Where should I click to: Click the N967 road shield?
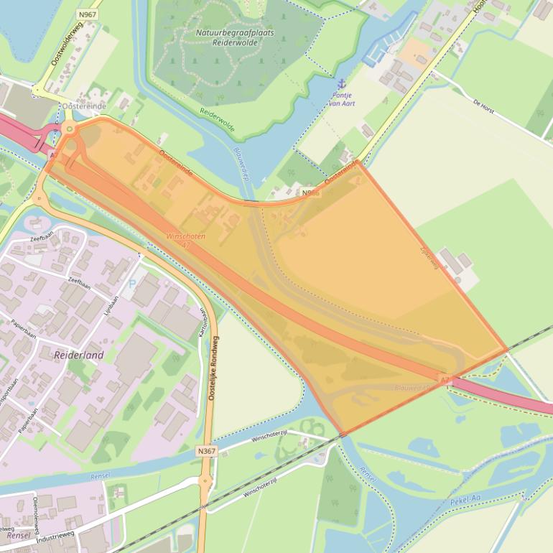(88, 14)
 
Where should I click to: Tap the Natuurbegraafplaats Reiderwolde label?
(225, 37)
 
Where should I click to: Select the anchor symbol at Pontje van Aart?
(342, 84)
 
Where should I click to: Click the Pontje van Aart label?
(343, 99)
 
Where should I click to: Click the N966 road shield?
(310, 193)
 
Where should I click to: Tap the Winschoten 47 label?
(185, 241)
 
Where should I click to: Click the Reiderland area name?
(79, 355)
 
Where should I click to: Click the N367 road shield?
(206, 451)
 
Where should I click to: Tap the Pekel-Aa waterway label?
(466, 499)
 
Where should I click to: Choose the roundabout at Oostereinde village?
(70, 129)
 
